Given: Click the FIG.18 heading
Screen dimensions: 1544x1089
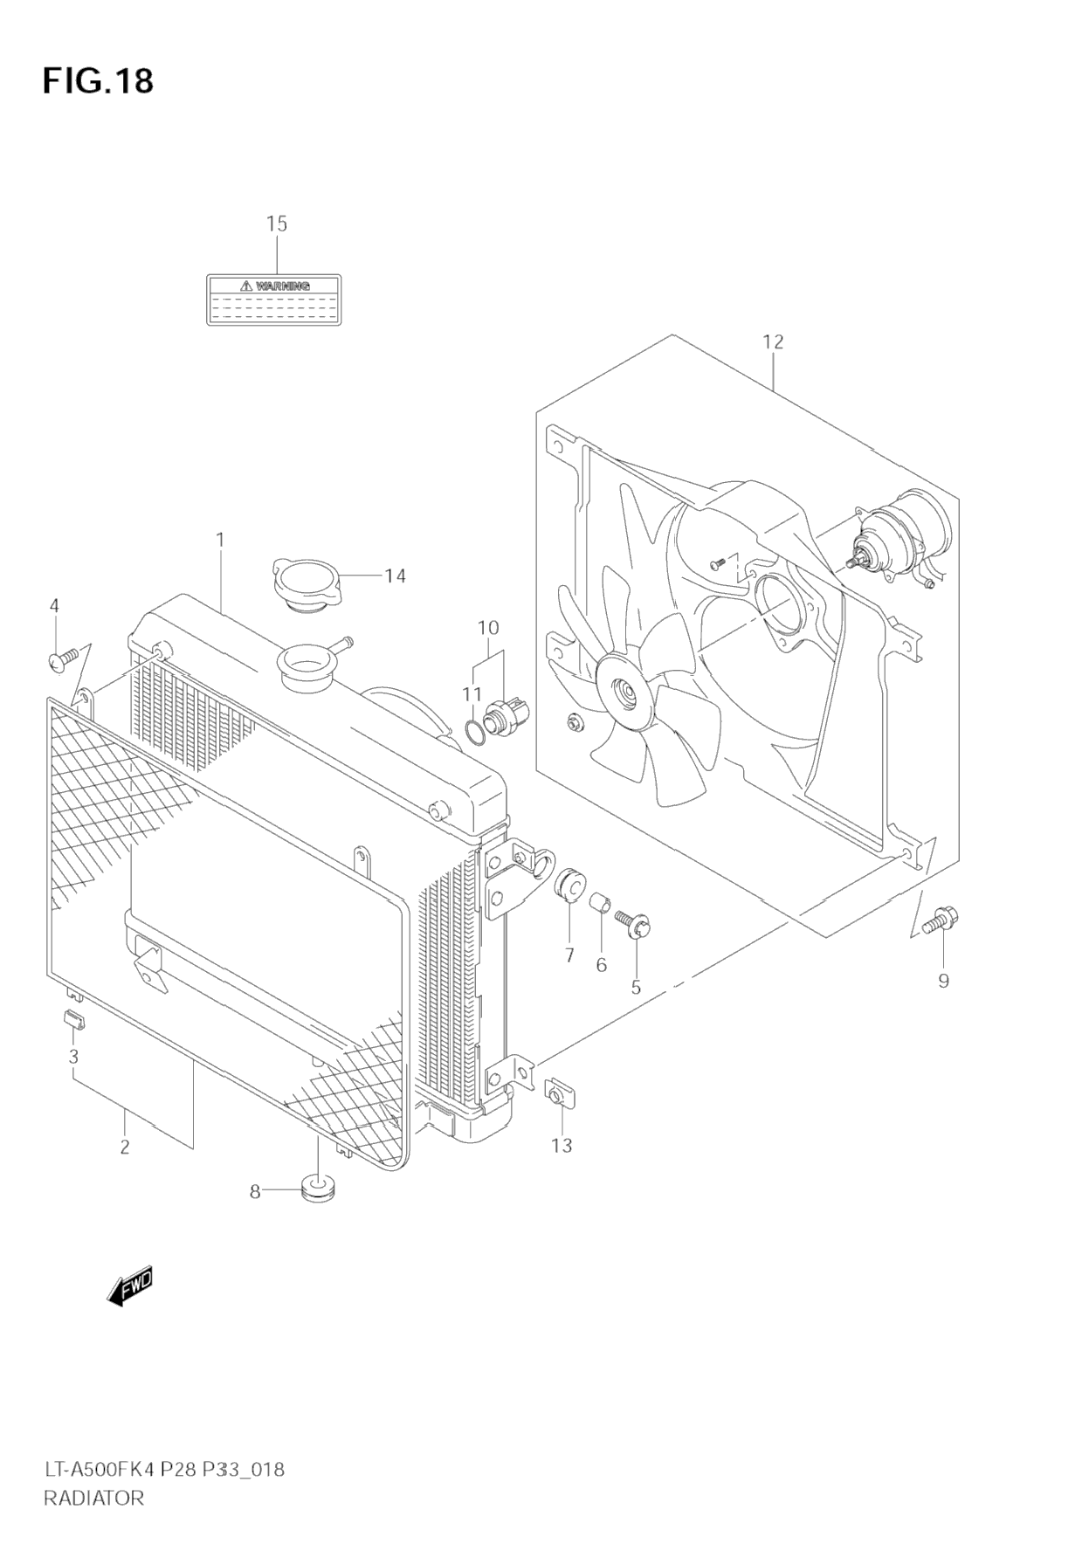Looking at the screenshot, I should (x=98, y=80).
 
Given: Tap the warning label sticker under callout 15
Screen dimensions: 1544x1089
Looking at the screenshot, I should (x=273, y=300).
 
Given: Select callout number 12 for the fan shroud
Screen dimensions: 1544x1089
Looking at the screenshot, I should (x=773, y=341).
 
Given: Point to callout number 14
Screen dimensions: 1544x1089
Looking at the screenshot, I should (x=395, y=576).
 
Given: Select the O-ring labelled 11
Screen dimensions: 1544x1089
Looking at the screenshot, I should (x=474, y=734).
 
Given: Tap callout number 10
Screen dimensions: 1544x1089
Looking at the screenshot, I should (x=487, y=627).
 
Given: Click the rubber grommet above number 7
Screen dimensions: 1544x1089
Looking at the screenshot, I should (x=569, y=886).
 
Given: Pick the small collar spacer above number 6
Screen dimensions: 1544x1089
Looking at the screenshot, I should (x=601, y=904).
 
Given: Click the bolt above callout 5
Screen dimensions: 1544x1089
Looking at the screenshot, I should (x=633, y=924).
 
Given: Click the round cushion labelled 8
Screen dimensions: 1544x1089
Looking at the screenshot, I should (x=318, y=1188).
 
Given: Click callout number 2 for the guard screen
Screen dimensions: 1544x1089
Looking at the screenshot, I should (x=125, y=1147).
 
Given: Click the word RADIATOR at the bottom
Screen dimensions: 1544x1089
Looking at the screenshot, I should (x=93, y=1499).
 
